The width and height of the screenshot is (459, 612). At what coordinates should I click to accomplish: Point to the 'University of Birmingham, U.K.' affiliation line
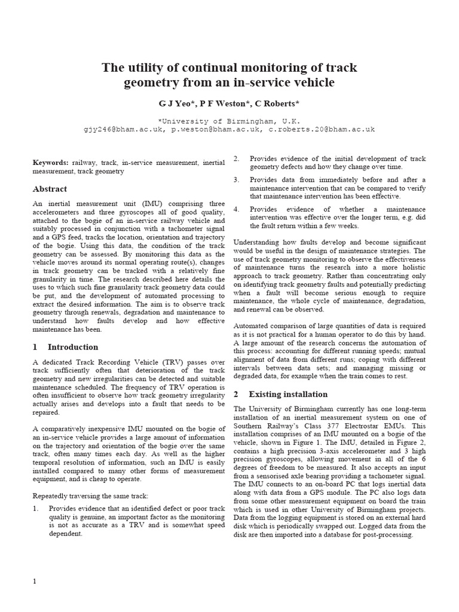[x=229, y=120]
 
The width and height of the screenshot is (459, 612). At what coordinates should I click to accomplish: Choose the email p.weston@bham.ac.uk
[x=216, y=128]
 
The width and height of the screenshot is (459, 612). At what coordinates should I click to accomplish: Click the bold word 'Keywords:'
[x=50, y=162]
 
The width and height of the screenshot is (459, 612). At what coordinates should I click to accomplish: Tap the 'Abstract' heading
[x=50, y=189]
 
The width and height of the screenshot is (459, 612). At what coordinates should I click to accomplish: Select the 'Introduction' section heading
[x=72, y=347]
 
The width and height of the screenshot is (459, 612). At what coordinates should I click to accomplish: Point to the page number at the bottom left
[x=35, y=581]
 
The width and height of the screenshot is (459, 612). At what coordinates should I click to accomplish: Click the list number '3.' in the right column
[x=236, y=180]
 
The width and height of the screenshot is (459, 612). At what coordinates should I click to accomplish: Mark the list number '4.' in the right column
[x=236, y=210]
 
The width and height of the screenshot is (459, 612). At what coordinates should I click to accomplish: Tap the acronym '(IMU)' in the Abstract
[x=161, y=203]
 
